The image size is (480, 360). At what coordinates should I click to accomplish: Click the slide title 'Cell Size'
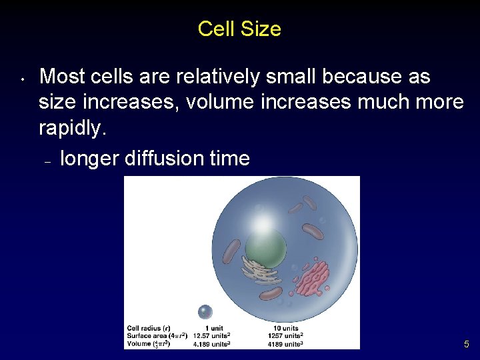coord(239,29)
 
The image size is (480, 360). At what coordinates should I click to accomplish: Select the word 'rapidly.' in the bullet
coord(73,128)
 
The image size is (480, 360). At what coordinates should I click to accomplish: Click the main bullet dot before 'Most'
coord(22,79)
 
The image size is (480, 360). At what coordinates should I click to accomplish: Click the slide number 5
coord(467,345)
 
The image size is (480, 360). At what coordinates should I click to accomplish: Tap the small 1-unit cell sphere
coord(205,311)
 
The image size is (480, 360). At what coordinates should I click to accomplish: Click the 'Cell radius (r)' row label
coord(148,327)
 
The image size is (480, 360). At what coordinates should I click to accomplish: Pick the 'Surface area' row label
coord(157,335)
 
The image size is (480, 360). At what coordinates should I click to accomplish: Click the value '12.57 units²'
coord(211,335)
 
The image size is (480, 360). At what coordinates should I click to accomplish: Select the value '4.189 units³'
coord(211,344)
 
